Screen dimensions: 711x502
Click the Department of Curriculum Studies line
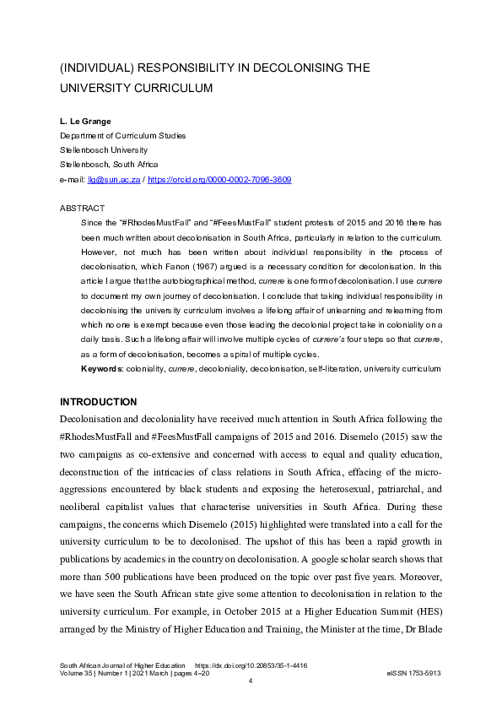point(122,136)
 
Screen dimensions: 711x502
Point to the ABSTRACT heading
point(82,207)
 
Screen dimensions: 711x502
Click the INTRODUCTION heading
point(100,401)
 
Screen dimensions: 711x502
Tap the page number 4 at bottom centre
point(251,682)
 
